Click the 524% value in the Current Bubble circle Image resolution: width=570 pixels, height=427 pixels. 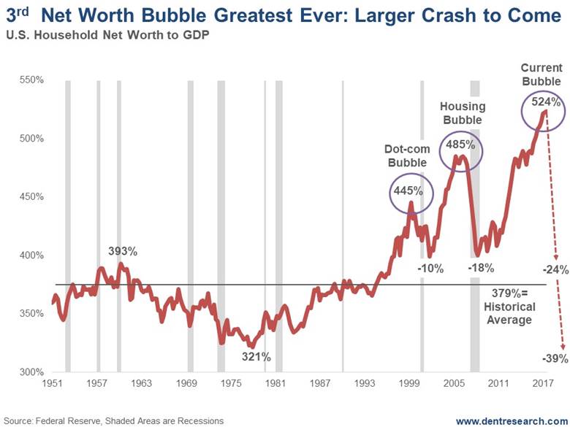tap(542, 102)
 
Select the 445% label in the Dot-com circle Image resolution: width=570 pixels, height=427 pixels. tap(410, 191)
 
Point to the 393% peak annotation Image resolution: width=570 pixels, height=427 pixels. tap(123, 252)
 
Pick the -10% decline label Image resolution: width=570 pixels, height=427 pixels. tap(430, 268)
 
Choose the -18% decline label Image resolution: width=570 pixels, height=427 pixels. tap(485, 268)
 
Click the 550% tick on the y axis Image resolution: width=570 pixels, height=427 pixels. tap(32, 80)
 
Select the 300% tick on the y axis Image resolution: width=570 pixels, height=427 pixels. tap(32, 372)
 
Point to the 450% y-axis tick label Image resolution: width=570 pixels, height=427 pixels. tap(32, 197)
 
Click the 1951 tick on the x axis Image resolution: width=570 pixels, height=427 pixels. tap(52, 383)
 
